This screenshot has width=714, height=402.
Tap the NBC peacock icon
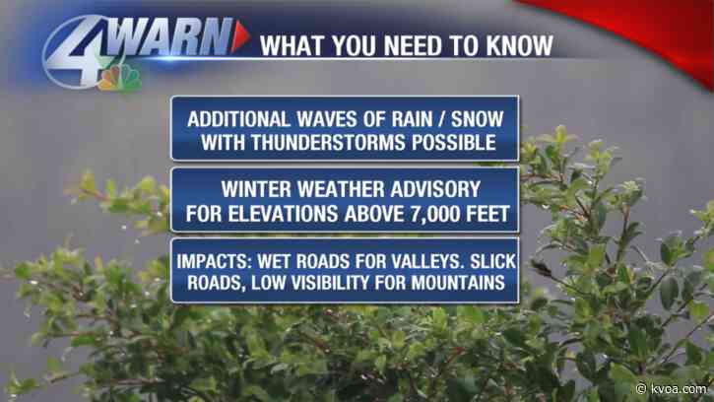point(119,76)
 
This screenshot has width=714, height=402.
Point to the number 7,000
point(435,210)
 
